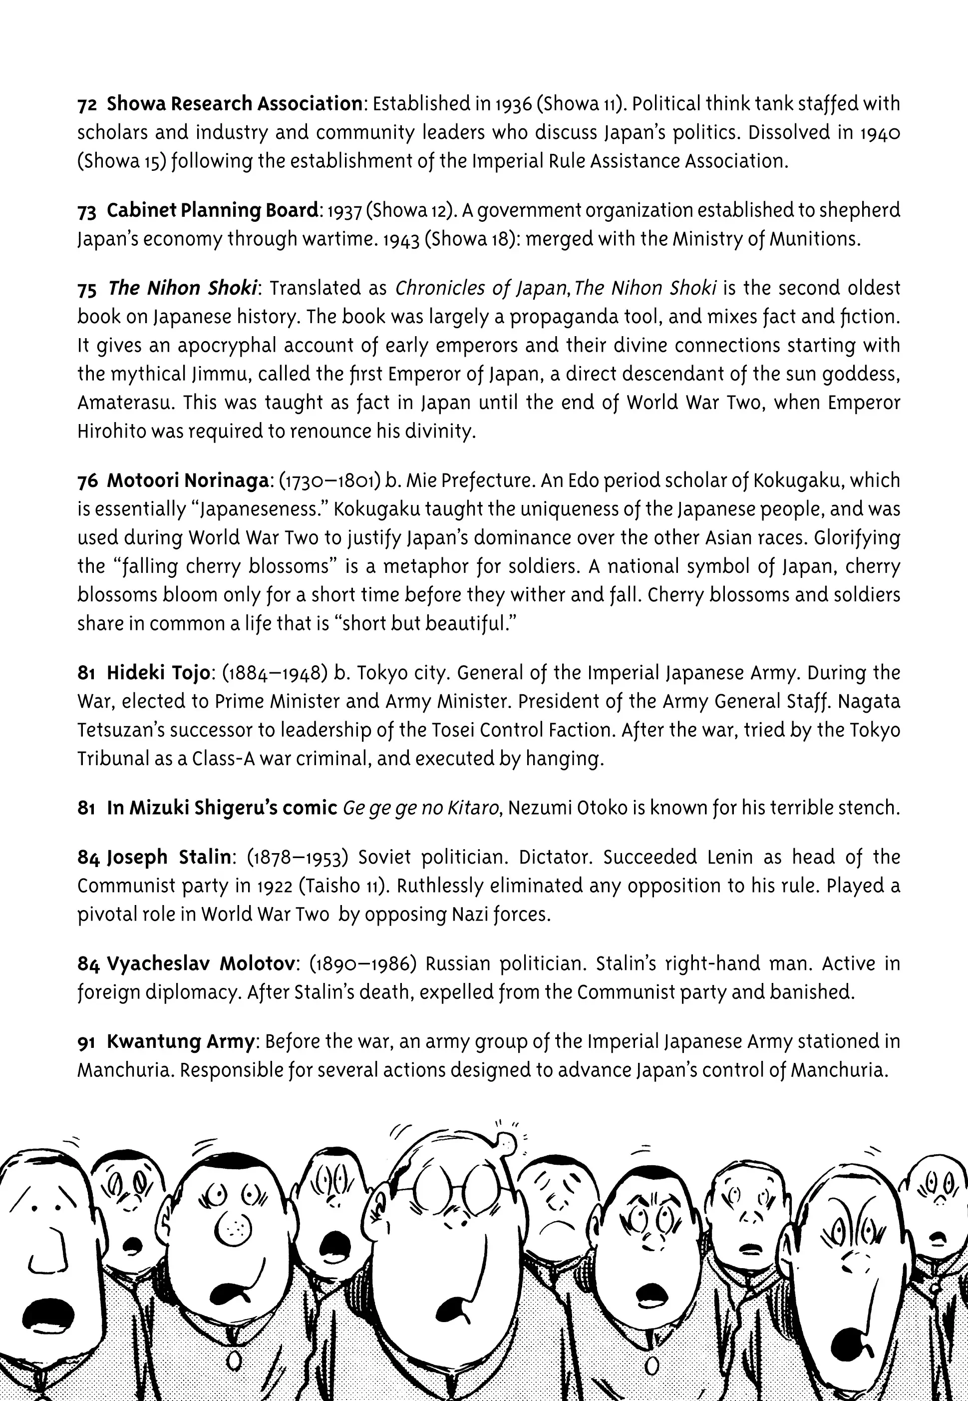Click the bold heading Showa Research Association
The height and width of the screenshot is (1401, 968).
pyautogui.click(x=234, y=104)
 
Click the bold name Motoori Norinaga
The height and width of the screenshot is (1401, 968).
pyautogui.click(x=187, y=480)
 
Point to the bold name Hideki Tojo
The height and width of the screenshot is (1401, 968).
pyautogui.click(x=158, y=673)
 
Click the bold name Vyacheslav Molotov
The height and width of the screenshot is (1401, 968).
pyautogui.click(x=201, y=963)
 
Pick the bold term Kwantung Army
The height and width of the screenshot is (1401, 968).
pyautogui.click(x=180, y=1041)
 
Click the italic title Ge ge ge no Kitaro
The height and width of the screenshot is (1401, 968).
pyautogui.click(x=420, y=808)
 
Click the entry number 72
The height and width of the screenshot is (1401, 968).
pyautogui.click(x=87, y=105)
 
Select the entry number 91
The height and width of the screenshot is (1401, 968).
pyautogui.click(x=86, y=1042)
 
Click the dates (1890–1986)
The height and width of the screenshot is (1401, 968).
pyautogui.click(x=361, y=963)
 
